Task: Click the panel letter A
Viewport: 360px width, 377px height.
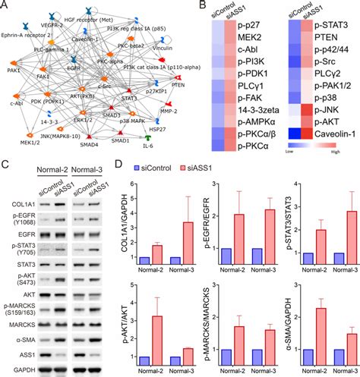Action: point(6,7)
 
